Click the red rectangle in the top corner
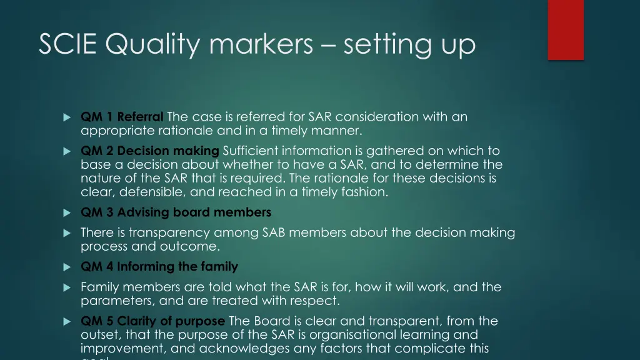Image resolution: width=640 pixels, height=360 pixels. pos(566,29)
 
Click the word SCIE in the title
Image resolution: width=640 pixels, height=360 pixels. pos(69,44)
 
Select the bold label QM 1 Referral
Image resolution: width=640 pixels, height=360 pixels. pos(122,117)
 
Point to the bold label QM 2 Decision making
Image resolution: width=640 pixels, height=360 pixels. pos(150,151)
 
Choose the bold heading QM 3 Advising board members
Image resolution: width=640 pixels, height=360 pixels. pos(176,212)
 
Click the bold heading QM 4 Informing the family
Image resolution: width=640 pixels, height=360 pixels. pos(159,267)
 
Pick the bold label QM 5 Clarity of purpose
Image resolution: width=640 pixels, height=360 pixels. pos(152,321)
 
